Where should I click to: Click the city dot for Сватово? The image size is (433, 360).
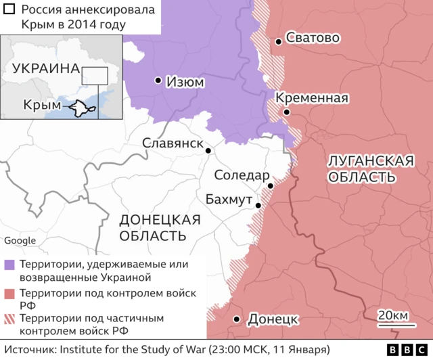pyautogui.click(x=278, y=42)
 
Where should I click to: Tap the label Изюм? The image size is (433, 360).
pyautogui.click(x=186, y=82)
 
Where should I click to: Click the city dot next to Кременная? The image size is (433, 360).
pyautogui.click(x=288, y=112)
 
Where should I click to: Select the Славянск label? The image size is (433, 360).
pyautogui.click(x=173, y=143)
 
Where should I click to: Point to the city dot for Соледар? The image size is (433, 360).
pyautogui.click(x=271, y=185)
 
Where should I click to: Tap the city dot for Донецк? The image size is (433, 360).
pyautogui.click(x=237, y=319)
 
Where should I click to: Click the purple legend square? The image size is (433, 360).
pyautogui.click(x=9, y=265)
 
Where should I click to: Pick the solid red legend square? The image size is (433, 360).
pyautogui.click(x=9, y=294)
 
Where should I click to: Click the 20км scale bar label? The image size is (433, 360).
pyautogui.click(x=392, y=316)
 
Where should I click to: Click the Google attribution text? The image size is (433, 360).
pyautogui.click(x=20, y=241)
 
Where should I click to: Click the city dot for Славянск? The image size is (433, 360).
pyautogui.click(x=208, y=151)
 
